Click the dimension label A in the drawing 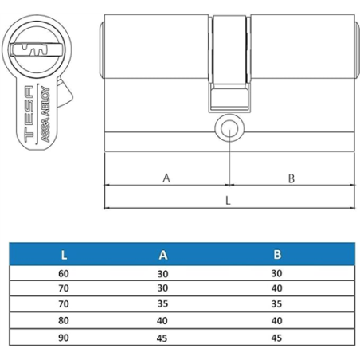tap(166, 178)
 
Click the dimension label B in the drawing tap(292, 178)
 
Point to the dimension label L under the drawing tap(229, 201)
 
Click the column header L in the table tap(64, 256)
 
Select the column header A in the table tap(163, 256)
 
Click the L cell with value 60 tap(64, 274)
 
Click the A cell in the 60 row tap(163, 274)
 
